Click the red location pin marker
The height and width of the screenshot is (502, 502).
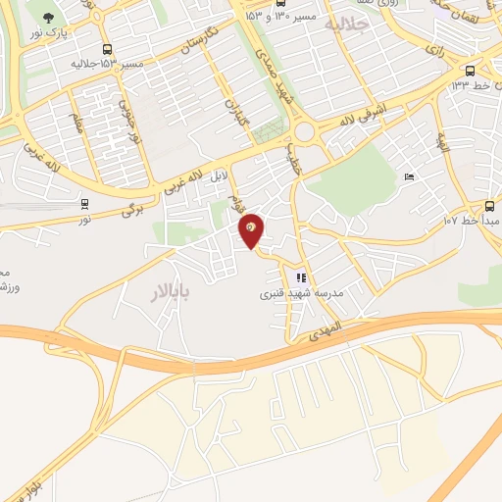coord(252,230)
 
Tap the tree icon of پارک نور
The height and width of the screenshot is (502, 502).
coord(48,18)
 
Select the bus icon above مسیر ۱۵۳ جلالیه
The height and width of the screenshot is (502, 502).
coord(106,48)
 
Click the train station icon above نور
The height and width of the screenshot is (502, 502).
coord(84,205)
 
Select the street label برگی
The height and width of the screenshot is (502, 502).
coord(132,208)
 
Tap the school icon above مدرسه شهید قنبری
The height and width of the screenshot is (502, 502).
coord(301,277)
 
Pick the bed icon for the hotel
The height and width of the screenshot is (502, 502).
coord(409,176)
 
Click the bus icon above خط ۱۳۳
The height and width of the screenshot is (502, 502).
coord(471,70)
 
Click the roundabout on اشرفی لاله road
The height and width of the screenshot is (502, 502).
coord(305,131)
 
